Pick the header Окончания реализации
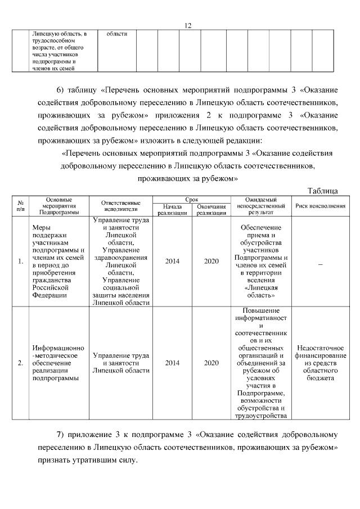tap(211, 210)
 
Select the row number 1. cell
tap(20, 262)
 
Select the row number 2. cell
tap(20, 363)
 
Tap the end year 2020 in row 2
tap(211, 363)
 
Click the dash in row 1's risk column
tap(320, 262)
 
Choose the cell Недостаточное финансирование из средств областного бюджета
tap(320, 363)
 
